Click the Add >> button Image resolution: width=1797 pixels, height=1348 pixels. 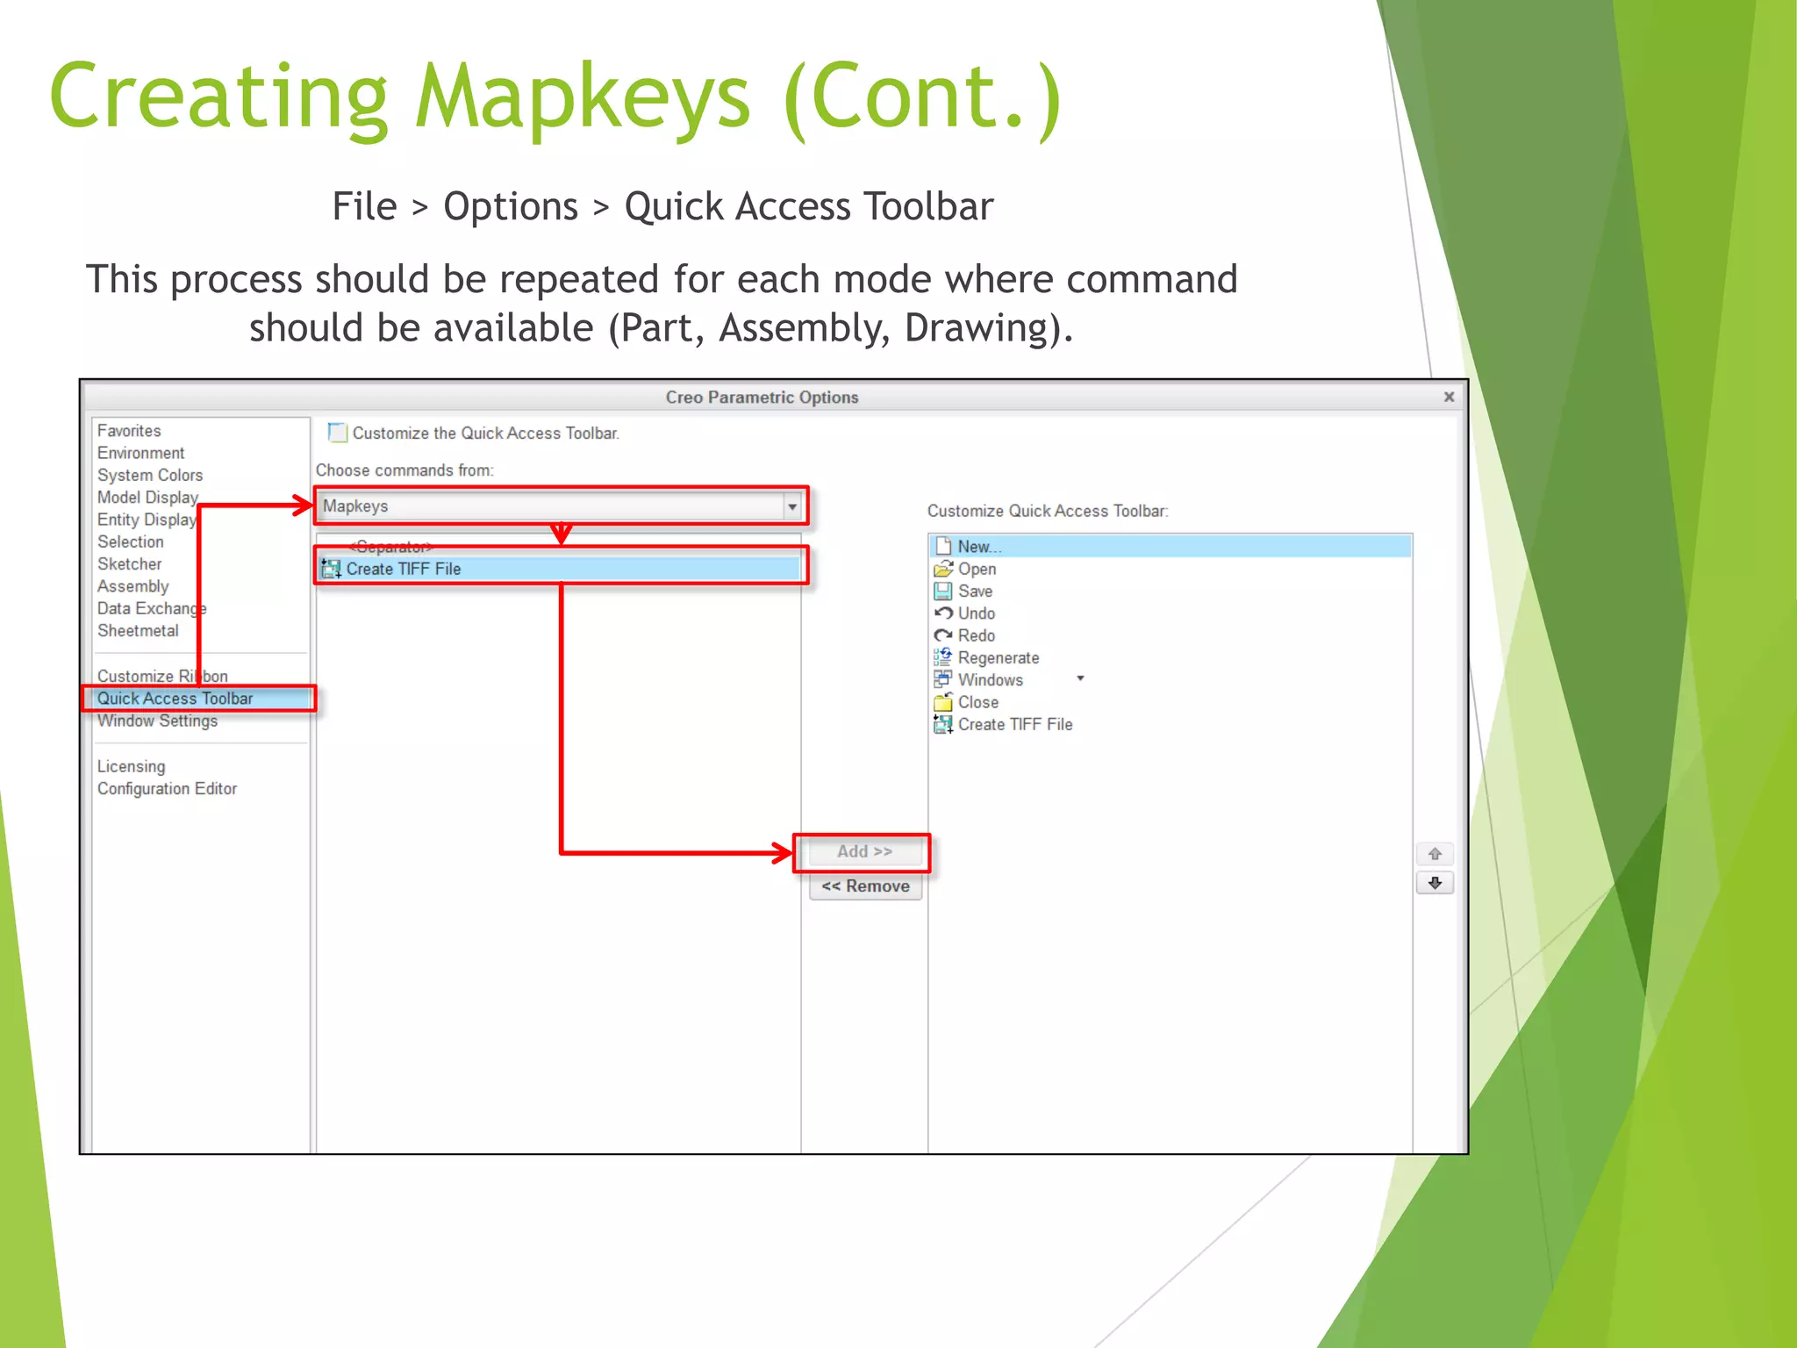(863, 852)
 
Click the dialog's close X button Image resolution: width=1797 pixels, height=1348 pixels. (1449, 398)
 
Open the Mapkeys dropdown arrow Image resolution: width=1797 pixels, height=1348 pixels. (791, 507)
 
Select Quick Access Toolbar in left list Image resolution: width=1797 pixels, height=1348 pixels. (175, 699)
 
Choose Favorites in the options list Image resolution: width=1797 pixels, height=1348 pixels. (129, 431)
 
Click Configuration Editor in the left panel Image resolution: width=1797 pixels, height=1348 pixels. (167, 789)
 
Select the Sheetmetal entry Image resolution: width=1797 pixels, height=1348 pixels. (138, 631)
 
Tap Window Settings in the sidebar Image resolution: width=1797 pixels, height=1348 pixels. (157, 721)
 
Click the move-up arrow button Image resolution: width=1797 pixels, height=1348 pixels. (1435, 854)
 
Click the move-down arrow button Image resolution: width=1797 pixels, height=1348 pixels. (1435, 884)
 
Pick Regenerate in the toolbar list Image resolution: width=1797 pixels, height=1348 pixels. (998, 658)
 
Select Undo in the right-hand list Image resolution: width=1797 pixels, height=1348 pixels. (976, 613)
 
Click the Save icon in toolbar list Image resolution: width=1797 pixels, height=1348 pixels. (943, 592)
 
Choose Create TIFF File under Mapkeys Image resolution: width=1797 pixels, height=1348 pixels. (403, 569)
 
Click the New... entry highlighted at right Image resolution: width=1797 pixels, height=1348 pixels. (978, 547)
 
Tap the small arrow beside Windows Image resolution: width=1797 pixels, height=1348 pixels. (1080, 678)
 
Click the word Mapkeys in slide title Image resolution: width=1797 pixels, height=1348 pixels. (583, 97)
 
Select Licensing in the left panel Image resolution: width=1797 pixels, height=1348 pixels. (131, 767)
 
